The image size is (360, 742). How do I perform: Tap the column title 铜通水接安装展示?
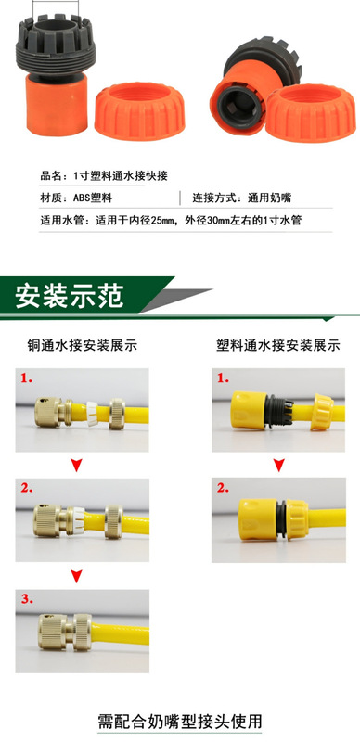[82, 346]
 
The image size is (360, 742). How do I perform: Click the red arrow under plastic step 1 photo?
[276, 462]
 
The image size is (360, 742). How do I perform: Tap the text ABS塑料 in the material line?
[92, 198]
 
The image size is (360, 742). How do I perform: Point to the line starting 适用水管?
[171, 222]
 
